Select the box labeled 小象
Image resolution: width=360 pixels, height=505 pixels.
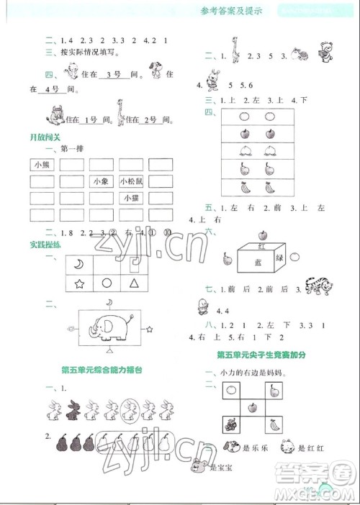click(x=102, y=182)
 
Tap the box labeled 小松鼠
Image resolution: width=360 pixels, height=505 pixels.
click(x=131, y=182)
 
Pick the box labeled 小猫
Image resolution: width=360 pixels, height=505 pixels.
click(x=131, y=199)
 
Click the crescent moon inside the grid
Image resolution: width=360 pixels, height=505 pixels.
click(x=78, y=263)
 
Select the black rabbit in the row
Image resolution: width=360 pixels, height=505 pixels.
click(x=71, y=410)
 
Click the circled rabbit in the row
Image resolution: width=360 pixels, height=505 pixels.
click(x=130, y=410)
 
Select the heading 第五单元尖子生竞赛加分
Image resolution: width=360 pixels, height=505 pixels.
click(x=263, y=355)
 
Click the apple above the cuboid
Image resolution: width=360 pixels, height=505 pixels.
click(x=262, y=234)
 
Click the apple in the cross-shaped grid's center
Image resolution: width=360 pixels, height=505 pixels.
click(x=252, y=408)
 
